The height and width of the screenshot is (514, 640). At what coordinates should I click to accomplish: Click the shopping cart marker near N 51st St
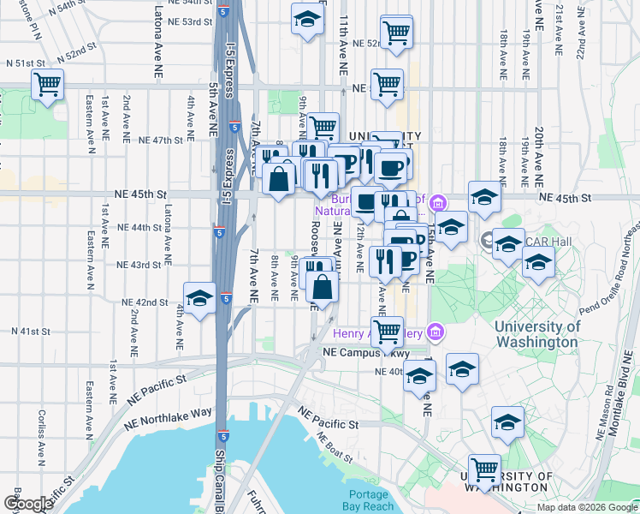click(48, 85)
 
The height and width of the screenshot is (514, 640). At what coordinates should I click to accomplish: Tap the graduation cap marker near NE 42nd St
click(199, 299)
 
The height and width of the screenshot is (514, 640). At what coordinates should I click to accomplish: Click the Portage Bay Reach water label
click(371, 499)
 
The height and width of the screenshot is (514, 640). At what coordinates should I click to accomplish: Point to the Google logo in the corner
click(28, 504)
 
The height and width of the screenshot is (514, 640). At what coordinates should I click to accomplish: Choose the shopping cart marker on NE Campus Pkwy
click(388, 331)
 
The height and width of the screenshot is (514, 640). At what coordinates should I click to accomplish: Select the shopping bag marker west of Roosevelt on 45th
click(280, 180)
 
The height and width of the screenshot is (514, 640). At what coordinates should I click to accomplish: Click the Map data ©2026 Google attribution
click(586, 507)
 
